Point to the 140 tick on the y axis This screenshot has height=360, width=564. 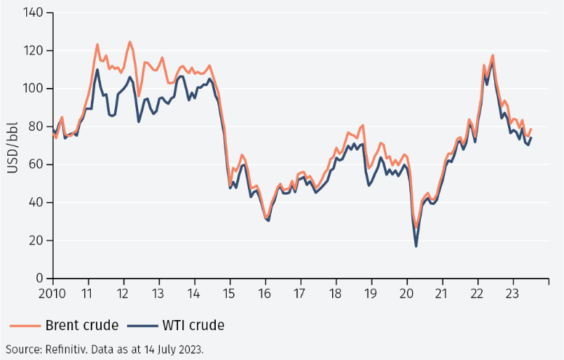point(33,13)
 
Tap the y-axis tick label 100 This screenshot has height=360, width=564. point(33,89)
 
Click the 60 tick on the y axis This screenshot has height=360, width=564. point(36,164)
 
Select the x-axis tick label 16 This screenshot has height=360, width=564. point(265,294)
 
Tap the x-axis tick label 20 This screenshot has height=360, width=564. point(406,294)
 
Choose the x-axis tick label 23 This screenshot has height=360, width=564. point(512,294)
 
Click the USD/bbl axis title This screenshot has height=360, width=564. point(13,145)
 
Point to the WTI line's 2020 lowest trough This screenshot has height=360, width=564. point(416,246)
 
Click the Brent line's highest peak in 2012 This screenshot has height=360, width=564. point(129,42)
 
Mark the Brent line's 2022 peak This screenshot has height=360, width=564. point(493,55)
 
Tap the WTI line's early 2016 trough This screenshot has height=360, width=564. point(268,220)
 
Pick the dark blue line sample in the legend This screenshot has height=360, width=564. point(135,325)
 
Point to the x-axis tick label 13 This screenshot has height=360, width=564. point(158,294)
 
